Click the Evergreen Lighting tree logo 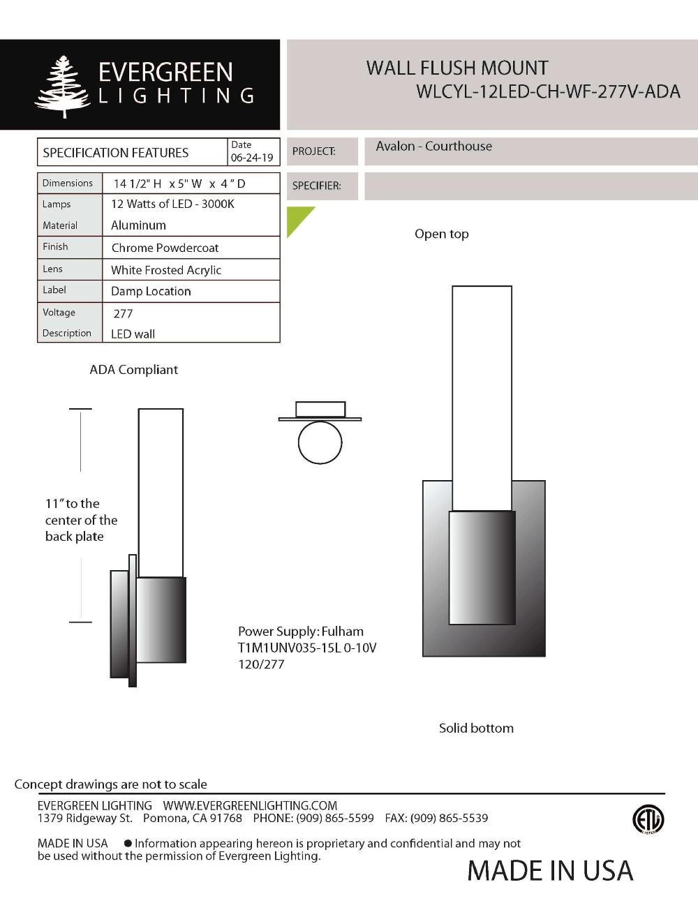pos(63,87)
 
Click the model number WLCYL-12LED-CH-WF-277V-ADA pos(547,92)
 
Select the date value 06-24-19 pos(252,158)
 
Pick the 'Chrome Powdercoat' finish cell pos(165,248)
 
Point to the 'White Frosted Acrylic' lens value pos(166,270)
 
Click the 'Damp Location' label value pos(151,291)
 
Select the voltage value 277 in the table pos(123,313)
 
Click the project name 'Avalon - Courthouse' pos(433,147)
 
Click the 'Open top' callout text pos(441,234)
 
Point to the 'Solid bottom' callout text pos(476,728)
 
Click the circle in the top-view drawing pos(320,442)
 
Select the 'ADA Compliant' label pos(133,370)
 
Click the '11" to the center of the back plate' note pos(81,520)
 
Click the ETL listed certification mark pos(648,819)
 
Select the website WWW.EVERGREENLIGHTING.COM pos(250,805)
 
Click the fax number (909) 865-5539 pos(449,818)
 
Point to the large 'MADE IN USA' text pos(550,870)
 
